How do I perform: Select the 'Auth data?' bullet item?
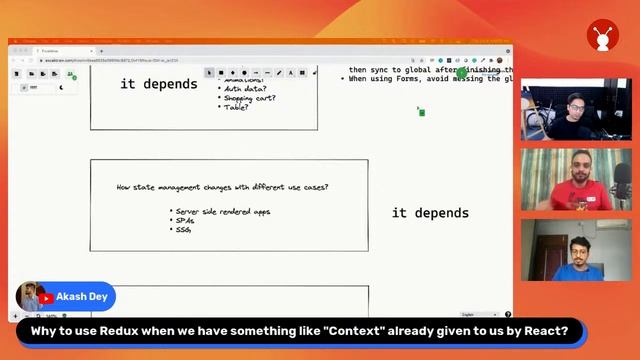(244, 89)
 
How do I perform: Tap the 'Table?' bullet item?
(237, 107)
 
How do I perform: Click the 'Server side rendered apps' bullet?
(223, 211)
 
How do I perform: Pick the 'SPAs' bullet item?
(184, 220)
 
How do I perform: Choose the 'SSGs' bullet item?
(183, 229)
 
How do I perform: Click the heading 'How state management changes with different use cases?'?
(222, 187)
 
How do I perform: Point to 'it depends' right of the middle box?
(430, 213)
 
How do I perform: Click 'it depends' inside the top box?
(159, 84)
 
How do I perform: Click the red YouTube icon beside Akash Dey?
(47, 298)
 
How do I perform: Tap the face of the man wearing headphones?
(572, 104)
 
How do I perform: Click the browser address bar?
(150, 59)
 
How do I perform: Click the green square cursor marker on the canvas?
(422, 112)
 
